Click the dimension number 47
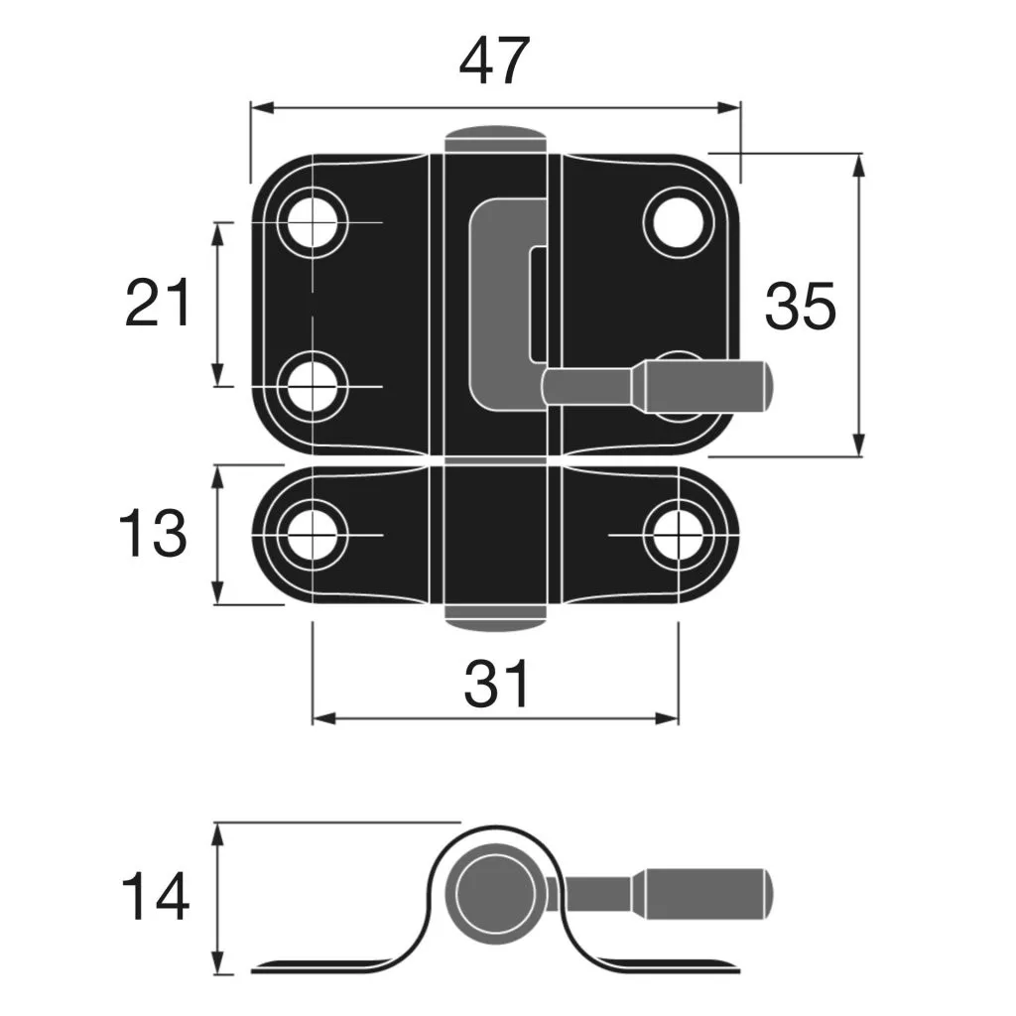click(x=494, y=62)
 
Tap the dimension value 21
click(x=158, y=304)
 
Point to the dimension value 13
click(x=152, y=534)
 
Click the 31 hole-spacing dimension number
click(x=497, y=684)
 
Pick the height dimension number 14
click(x=155, y=897)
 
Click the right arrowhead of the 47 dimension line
click(x=734, y=107)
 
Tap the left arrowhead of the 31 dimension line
click(x=319, y=717)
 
